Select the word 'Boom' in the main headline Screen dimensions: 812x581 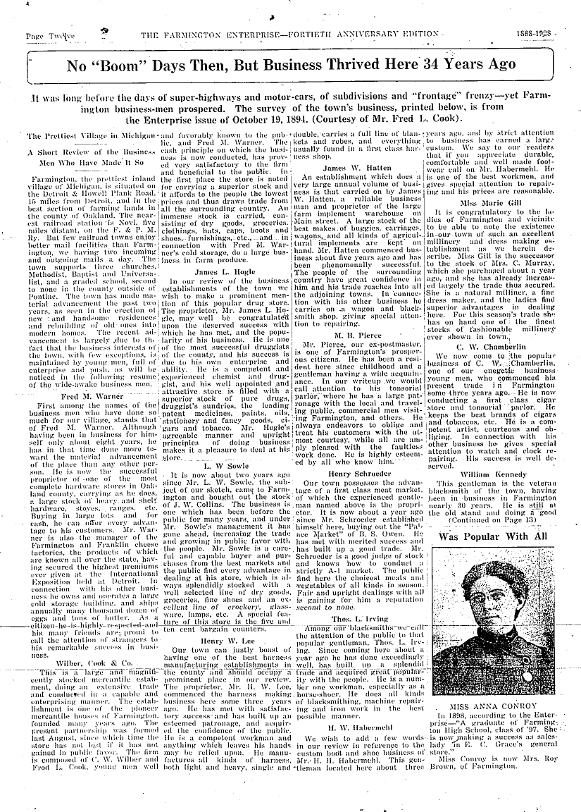[124, 66]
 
